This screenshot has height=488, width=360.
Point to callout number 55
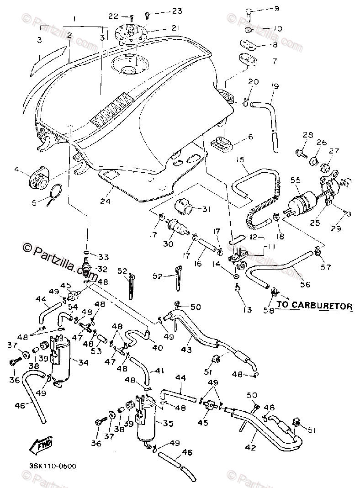pyautogui.click(x=295, y=180)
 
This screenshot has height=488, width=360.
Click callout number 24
pyautogui.click(x=105, y=200)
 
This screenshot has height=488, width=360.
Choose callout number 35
pyautogui.click(x=168, y=424)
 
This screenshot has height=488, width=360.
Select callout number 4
pyautogui.click(x=17, y=170)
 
